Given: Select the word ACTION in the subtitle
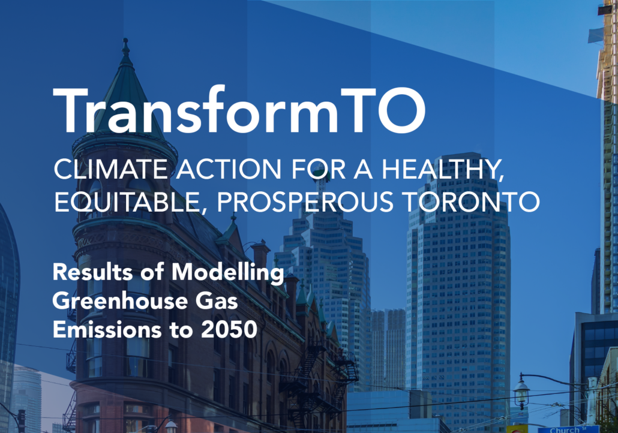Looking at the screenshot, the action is pyautogui.click(x=229, y=169).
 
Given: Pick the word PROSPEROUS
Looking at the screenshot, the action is pyautogui.click(x=305, y=202).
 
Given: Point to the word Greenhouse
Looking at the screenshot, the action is pyautogui.click(x=120, y=301).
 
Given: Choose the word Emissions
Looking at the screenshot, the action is pyautogui.click(x=107, y=329).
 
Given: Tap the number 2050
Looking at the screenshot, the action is pyautogui.click(x=229, y=329).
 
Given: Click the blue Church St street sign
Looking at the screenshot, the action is pyautogui.click(x=568, y=429).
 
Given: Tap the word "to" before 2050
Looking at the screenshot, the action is pyautogui.click(x=181, y=330).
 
